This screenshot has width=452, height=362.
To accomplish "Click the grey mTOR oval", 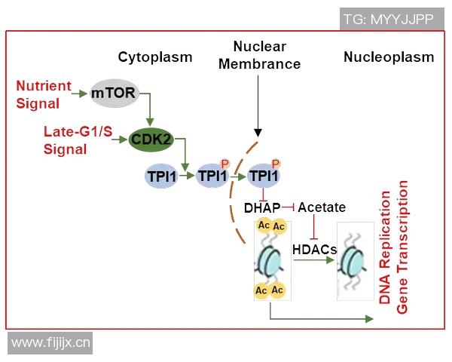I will pos(113,94).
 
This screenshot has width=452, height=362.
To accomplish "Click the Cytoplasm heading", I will pos(155,57).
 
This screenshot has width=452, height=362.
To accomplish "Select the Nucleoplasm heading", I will pos(389,57).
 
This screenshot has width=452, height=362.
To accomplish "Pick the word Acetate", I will pos(322,207).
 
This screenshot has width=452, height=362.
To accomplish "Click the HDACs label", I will pos(313,248).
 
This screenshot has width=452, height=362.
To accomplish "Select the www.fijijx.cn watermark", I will pos(51,344).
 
